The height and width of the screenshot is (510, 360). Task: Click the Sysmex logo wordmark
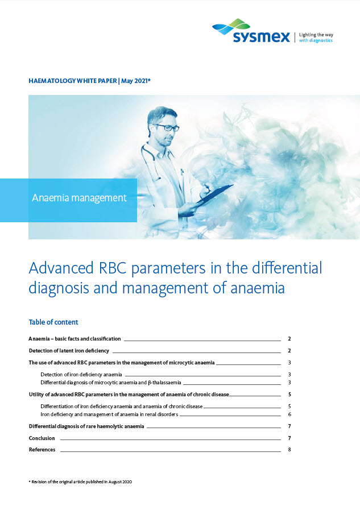[x=261, y=37]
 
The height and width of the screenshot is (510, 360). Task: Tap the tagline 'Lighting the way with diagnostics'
[x=316, y=38]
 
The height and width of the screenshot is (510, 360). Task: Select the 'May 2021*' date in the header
[x=136, y=81]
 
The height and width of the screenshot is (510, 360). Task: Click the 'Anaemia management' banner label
[x=79, y=198]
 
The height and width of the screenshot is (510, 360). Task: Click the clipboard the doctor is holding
[x=215, y=194]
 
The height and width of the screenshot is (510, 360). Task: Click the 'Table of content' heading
[x=53, y=322]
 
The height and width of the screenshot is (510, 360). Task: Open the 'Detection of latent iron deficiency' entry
[x=69, y=351]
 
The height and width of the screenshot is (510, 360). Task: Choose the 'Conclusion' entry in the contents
[x=42, y=438]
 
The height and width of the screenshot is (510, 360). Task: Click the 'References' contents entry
[x=42, y=450]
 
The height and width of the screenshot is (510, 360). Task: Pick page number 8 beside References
[x=289, y=450]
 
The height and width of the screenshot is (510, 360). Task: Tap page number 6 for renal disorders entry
[x=289, y=414]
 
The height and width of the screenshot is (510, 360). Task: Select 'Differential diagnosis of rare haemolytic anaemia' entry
[x=86, y=426]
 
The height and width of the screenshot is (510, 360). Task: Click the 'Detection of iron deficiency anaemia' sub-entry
[x=81, y=374]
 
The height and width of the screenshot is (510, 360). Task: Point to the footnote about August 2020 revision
[x=80, y=482]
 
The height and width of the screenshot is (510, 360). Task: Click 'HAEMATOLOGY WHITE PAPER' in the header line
[x=73, y=81]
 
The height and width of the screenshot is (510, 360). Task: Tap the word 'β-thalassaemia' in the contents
[x=164, y=383]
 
